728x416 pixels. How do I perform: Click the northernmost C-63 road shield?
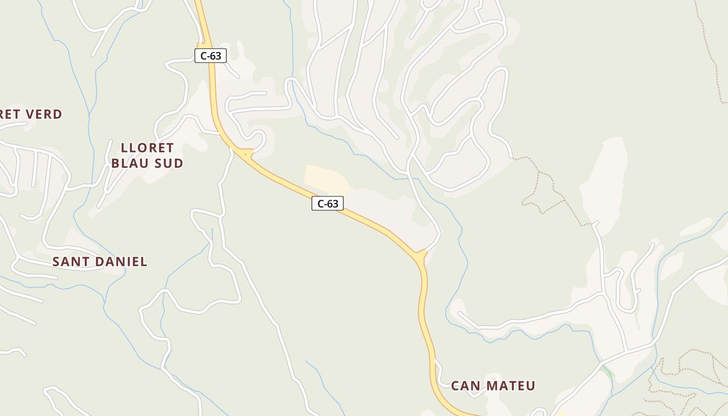211,56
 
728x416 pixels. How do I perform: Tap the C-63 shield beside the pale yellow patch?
328,203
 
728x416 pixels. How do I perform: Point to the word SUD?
170,163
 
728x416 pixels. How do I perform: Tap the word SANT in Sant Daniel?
71,262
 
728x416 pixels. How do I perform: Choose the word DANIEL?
122,262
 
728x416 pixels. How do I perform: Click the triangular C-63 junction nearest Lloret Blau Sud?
244,153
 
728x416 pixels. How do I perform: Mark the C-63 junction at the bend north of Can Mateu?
420,256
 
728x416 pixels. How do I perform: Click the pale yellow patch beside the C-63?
324,177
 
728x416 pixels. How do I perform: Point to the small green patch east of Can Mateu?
607,370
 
